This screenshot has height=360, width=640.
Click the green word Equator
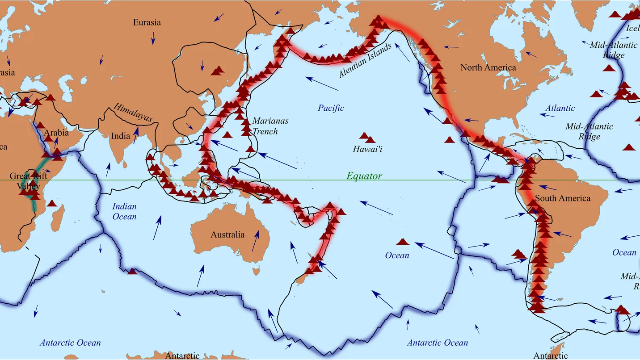(x=364, y=176)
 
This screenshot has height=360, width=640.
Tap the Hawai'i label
(x=367, y=149)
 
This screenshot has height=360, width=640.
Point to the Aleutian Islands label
(x=365, y=60)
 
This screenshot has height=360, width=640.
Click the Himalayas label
(x=133, y=113)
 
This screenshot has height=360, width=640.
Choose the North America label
(x=488, y=67)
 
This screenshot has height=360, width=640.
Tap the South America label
(x=562, y=198)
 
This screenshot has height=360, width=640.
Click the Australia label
(x=227, y=234)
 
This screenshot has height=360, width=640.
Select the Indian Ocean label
(x=124, y=211)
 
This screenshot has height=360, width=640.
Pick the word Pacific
(x=331, y=108)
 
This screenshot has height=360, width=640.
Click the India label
(x=121, y=136)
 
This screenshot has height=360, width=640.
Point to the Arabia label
(x=56, y=132)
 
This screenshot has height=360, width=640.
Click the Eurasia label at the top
(x=147, y=22)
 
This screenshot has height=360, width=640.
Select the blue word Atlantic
(x=560, y=108)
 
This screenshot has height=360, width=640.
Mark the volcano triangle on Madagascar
(x=52, y=204)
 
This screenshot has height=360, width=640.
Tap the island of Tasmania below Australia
(x=256, y=271)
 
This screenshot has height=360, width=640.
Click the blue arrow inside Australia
(x=255, y=241)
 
